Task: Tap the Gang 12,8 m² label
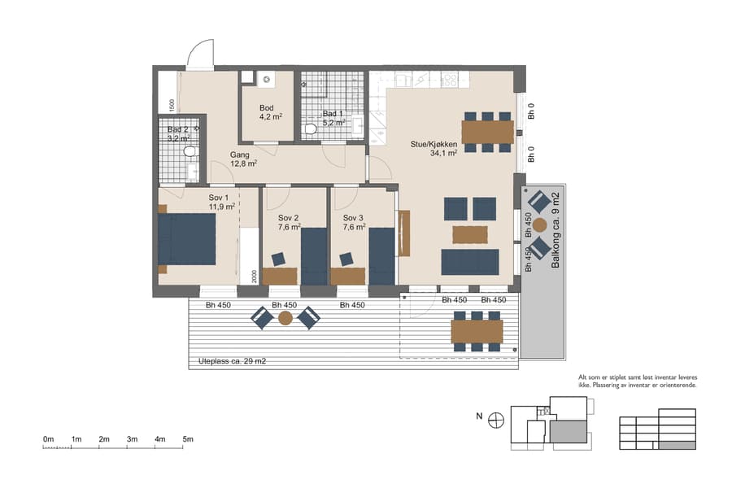(x=243, y=159)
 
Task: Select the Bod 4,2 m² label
(x=270, y=112)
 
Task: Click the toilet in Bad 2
(x=190, y=151)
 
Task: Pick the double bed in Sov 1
(x=187, y=238)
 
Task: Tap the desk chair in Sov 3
(x=346, y=259)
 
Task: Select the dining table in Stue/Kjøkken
(x=487, y=131)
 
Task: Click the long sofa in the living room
(x=469, y=262)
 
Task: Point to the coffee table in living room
(x=469, y=234)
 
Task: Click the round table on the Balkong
(x=539, y=223)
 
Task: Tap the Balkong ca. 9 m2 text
(x=556, y=231)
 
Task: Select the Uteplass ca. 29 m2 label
(x=232, y=360)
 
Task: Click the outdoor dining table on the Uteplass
(x=476, y=331)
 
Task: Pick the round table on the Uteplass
(x=285, y=318)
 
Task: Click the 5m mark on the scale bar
(x=188, y=439)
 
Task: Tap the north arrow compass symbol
(x=496, y=419)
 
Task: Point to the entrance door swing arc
(x=199, y=55)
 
